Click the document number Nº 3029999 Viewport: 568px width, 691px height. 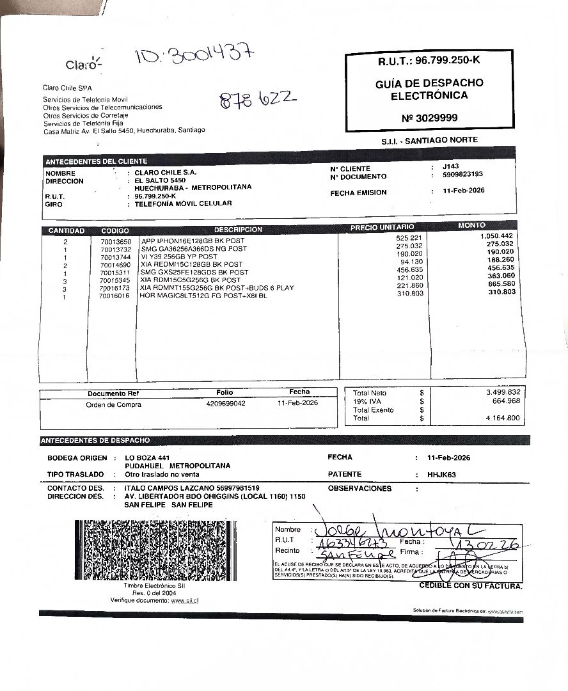pyautogui.click(x=429, y=118)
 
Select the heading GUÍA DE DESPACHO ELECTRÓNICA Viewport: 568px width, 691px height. pyautogui.click(x=429, y=89)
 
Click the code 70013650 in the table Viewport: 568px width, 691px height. pyautogui.click(x=115, y=241)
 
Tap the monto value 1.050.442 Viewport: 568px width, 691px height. pyautogui.click(x=496, y=236)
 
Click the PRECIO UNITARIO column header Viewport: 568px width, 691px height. pyautogui.click(x=382, y=227)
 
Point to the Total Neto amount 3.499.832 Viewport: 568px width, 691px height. pyautogui.click(x=503, y=392)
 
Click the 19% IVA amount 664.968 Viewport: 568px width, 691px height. pyautogui.click(x=507, y=401)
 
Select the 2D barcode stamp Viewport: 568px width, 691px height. pyautogui.click(x=155, y=550)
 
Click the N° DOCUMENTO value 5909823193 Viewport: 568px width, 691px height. pyautogui.click(x=457, y=174)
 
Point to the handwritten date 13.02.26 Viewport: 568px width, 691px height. pyautogui.click(x=475, y=544)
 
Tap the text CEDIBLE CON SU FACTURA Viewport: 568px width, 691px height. pyautogui.click(x=470, y=586)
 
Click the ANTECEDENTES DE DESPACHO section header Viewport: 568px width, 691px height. pyautogui.click(x=95, y=440)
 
